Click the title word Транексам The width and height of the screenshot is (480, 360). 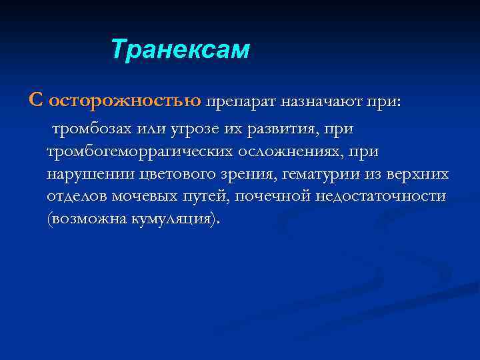(x=180, y=50)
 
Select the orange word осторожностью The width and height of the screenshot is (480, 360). (x=125, y=100)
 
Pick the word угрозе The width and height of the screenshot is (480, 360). (x=191, y=128)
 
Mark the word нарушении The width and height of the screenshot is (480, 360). (x=91, y=175)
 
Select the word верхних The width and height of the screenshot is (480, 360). (x=419, y=175)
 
